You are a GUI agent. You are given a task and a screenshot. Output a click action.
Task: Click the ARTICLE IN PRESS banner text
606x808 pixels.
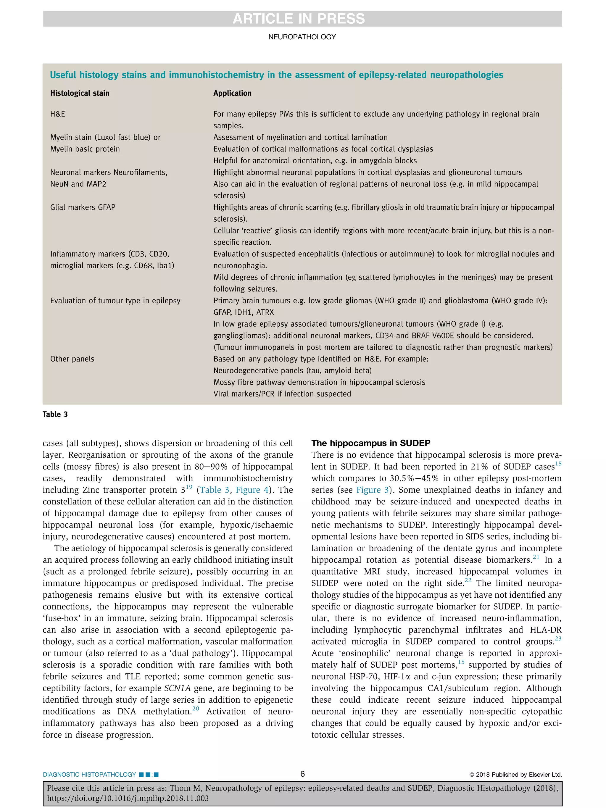click(x=299, y=19)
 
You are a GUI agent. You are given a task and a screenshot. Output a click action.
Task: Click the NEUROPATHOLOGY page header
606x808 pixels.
click(x=302, y=37)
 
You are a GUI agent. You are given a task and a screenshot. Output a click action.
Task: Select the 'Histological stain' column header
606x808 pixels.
click(x=80, y=93)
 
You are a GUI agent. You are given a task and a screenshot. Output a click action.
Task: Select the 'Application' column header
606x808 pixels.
click(x=232, y=93)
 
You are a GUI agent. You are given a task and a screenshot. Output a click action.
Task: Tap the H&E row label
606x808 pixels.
click(x=58, y=114)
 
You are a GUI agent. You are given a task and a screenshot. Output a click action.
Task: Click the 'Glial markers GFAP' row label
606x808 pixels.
click(x=83, y=207)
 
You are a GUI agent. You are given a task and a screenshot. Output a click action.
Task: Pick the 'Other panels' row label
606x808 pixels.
click(x=72, y=359)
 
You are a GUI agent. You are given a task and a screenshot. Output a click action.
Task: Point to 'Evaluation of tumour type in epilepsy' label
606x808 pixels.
click(x=115, y=301)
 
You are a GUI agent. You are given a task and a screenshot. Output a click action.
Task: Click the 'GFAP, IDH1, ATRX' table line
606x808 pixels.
click(x=243, y=312)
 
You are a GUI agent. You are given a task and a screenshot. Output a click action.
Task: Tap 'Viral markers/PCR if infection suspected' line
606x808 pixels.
click(x=282, y=394)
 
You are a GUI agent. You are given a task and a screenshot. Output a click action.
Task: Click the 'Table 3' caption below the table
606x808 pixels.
click(x=55, y=414)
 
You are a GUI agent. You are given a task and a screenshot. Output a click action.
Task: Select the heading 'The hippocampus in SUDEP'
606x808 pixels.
click(x=370, y=443)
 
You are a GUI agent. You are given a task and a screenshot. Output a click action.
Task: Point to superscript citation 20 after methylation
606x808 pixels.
click(x=196, y=709)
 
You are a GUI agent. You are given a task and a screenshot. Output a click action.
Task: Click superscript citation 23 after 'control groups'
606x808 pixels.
click(x=558, y=638)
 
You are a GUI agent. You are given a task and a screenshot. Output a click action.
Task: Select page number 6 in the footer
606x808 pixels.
click(x=302, y=774)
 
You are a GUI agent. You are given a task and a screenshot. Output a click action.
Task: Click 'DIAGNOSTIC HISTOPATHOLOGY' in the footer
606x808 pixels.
click(x=89, y=774)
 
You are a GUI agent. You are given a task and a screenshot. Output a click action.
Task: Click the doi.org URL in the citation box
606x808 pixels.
click(x=128, y=798)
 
